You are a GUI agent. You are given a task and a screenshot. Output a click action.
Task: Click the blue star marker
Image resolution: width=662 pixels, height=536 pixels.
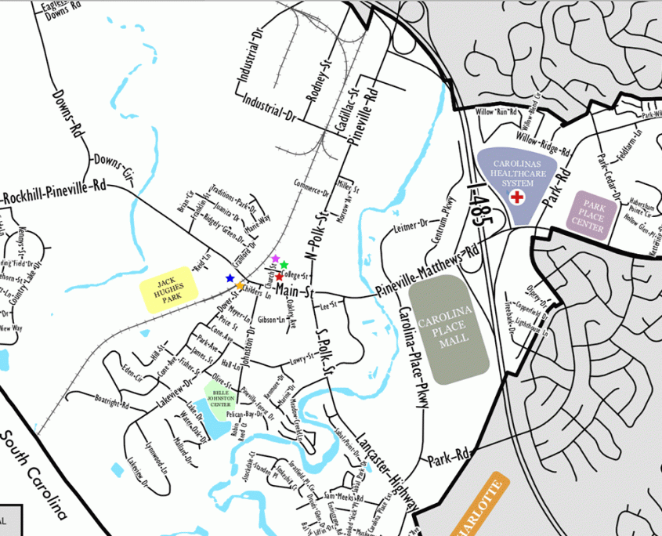point(230,278)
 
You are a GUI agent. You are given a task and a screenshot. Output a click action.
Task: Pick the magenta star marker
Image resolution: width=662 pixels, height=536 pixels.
point(275,259)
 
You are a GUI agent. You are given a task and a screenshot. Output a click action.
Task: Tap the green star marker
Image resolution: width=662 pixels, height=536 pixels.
point(284,265)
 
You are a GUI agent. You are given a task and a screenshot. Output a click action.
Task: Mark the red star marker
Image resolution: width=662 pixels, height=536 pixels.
point(279,277)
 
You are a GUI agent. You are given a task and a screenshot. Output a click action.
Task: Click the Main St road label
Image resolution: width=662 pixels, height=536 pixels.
point(295,292)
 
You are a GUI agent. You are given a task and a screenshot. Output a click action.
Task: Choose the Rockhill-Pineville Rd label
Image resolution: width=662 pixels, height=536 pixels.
point(55,192)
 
